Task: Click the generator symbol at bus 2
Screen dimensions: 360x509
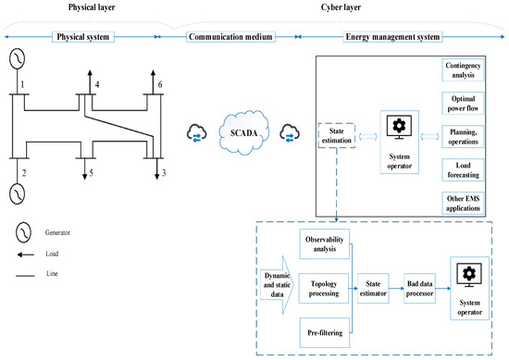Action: pyautogui.click(x=17, y=195)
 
